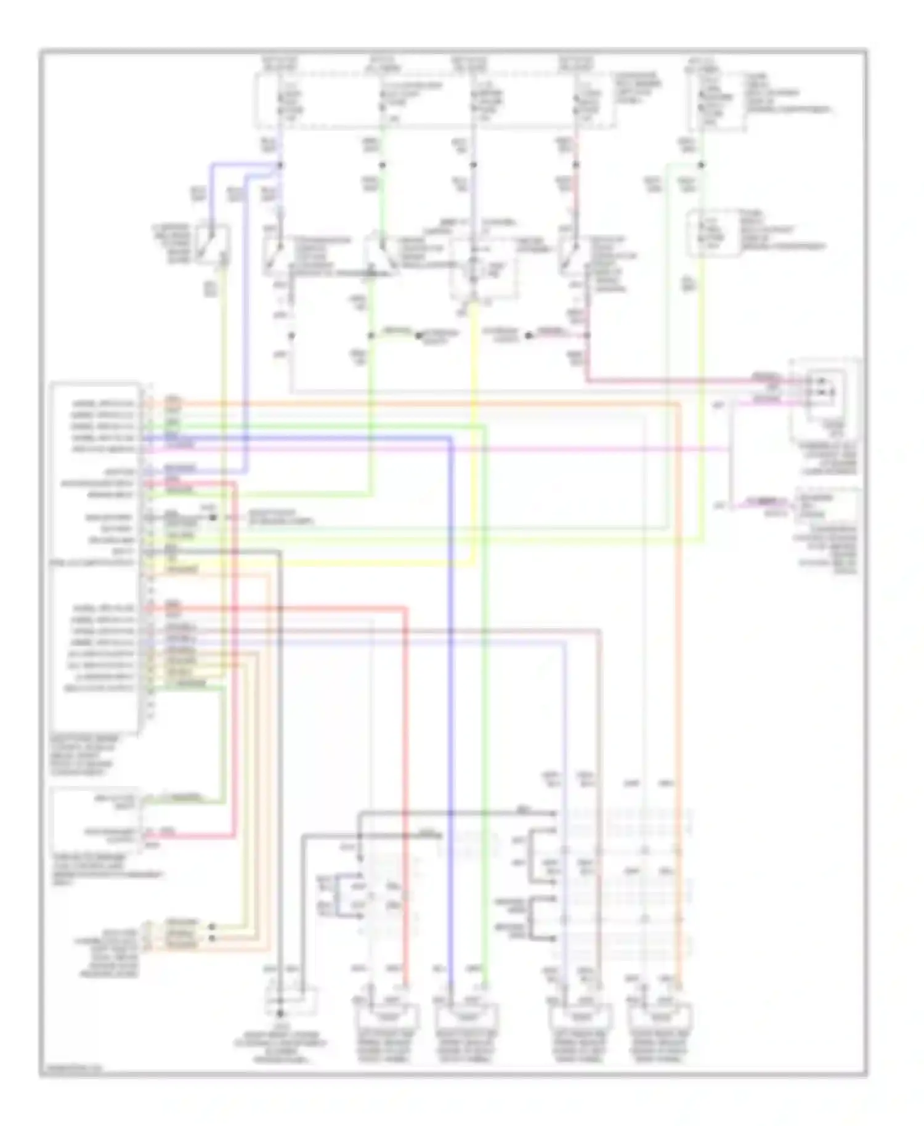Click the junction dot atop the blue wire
tap(280, 165)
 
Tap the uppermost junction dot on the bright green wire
tap(382, 165)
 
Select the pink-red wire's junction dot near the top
tap(576, 165)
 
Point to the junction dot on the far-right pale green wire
tap(702, 165)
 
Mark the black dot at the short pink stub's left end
tap(529, 336)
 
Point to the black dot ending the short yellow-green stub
tap(418, 336)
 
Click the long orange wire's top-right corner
tap(679, 405)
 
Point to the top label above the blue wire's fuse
tap(280, 63)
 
